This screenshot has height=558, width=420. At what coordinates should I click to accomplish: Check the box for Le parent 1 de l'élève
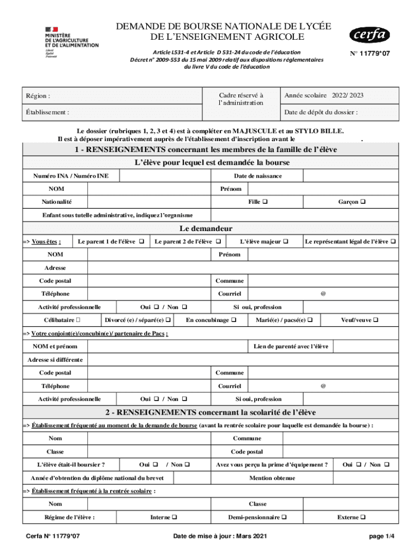tap(141, 241)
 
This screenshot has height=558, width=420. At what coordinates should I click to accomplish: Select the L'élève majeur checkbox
tap(285, 241)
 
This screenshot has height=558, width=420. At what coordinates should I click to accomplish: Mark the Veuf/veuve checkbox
tap(376, 320)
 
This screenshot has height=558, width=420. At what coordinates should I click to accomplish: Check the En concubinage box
tap(233, 320)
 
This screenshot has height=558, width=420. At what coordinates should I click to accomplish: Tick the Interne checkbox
tap(175, 517)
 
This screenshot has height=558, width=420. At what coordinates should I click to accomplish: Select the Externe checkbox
tap(363, 517)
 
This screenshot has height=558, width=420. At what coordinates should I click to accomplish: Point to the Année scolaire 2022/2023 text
tap(323, 95)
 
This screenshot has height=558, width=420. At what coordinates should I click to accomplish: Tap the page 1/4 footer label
tap(381, 537)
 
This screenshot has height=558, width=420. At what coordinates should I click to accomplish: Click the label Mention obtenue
tap(272, 478)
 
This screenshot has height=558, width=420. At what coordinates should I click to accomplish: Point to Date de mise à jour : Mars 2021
tap(220, 537)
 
